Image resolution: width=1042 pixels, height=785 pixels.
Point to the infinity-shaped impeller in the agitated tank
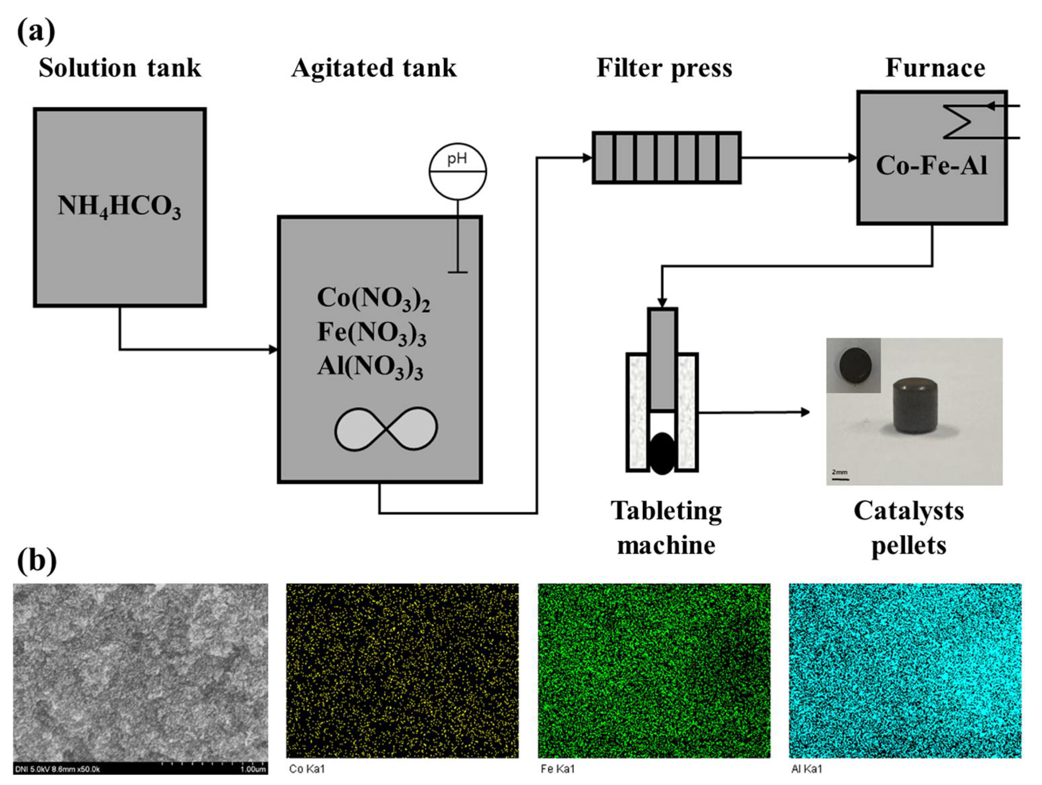pos(386,429)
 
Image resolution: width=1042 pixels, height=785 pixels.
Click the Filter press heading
pos(664,68)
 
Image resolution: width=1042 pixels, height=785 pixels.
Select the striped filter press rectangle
pos(666,157)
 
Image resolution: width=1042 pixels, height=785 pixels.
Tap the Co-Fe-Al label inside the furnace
pos(931,166)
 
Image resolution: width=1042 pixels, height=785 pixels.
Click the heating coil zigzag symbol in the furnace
pos(957,122)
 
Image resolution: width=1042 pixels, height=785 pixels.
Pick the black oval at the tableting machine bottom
pos(662,453)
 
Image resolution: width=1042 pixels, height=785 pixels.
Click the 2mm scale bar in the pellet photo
pos(840,475)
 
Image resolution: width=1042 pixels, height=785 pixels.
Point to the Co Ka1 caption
pos(307,769)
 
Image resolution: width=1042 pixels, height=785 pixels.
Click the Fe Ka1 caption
pos(558,769)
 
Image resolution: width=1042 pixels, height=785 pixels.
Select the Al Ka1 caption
pos(807,769)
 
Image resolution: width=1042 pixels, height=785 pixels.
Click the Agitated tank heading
pos(374,68)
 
